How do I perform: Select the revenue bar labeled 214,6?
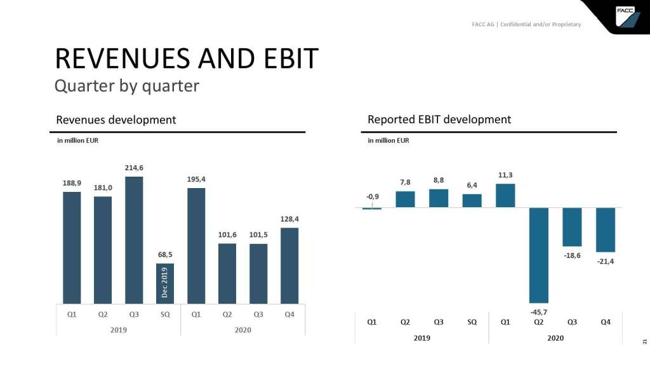pyautogui.click(x=134, y=240)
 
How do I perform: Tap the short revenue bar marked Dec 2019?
pyautogui.click(x=165, y=283)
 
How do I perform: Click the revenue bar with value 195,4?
pyautogui.click(x=196, y=245)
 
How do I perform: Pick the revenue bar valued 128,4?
pyautogui.click(x=289, y=266)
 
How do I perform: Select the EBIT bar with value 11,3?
pyautogui.click(x=505, y=196)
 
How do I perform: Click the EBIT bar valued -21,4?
pyautogui.click(x=606, y=230)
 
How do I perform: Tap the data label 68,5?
pyautogui.click(x=164, y=255)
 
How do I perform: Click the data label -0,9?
pyautogui.click(x=373, y=196)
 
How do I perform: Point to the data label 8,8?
pyautogui.click(x=439, y=180)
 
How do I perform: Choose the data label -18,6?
pyautogui.click(x=572, y=255)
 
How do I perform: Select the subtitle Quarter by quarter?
pyautogui.click(x=127, y=85)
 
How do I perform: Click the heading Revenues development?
pyautogui.click(x=116, y=119)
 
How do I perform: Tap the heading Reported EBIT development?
pyautogui.click(x=439, y=119)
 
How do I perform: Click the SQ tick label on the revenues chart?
pyautogui.click(x=165, y=315)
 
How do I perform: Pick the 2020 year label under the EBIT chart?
pyautogui.click(x=555, y=338)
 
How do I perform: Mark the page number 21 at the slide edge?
pyautogui.click(x=644, y=342)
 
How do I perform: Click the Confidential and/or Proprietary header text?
pyautogui.click(x=540, y=25)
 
